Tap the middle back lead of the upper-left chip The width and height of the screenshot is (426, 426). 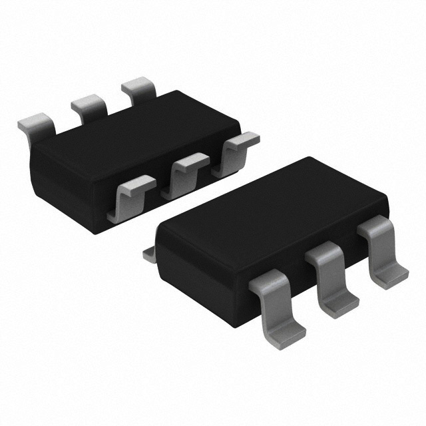89,105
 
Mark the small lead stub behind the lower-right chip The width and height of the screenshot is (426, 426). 150,254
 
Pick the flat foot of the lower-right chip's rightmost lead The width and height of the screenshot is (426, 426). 393,276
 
